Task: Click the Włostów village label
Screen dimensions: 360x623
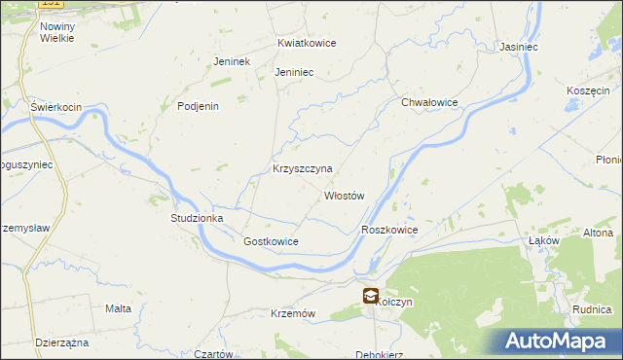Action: point(344,196)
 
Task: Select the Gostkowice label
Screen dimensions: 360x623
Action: point(271,241)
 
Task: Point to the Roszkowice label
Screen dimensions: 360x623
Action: point(389,230)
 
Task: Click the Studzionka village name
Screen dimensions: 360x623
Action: point(198,219)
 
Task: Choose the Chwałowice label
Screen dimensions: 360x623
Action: point(429,102)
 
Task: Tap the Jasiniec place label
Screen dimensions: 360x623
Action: point(519,47)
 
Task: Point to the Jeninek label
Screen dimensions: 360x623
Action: point(233,61)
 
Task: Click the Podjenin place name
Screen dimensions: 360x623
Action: point(198,107)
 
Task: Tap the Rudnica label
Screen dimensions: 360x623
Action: point(592,309)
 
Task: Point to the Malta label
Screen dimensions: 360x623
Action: point(118,308)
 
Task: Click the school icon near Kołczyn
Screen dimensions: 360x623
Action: point(370,297)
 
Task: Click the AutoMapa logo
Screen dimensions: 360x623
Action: point(558,342)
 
